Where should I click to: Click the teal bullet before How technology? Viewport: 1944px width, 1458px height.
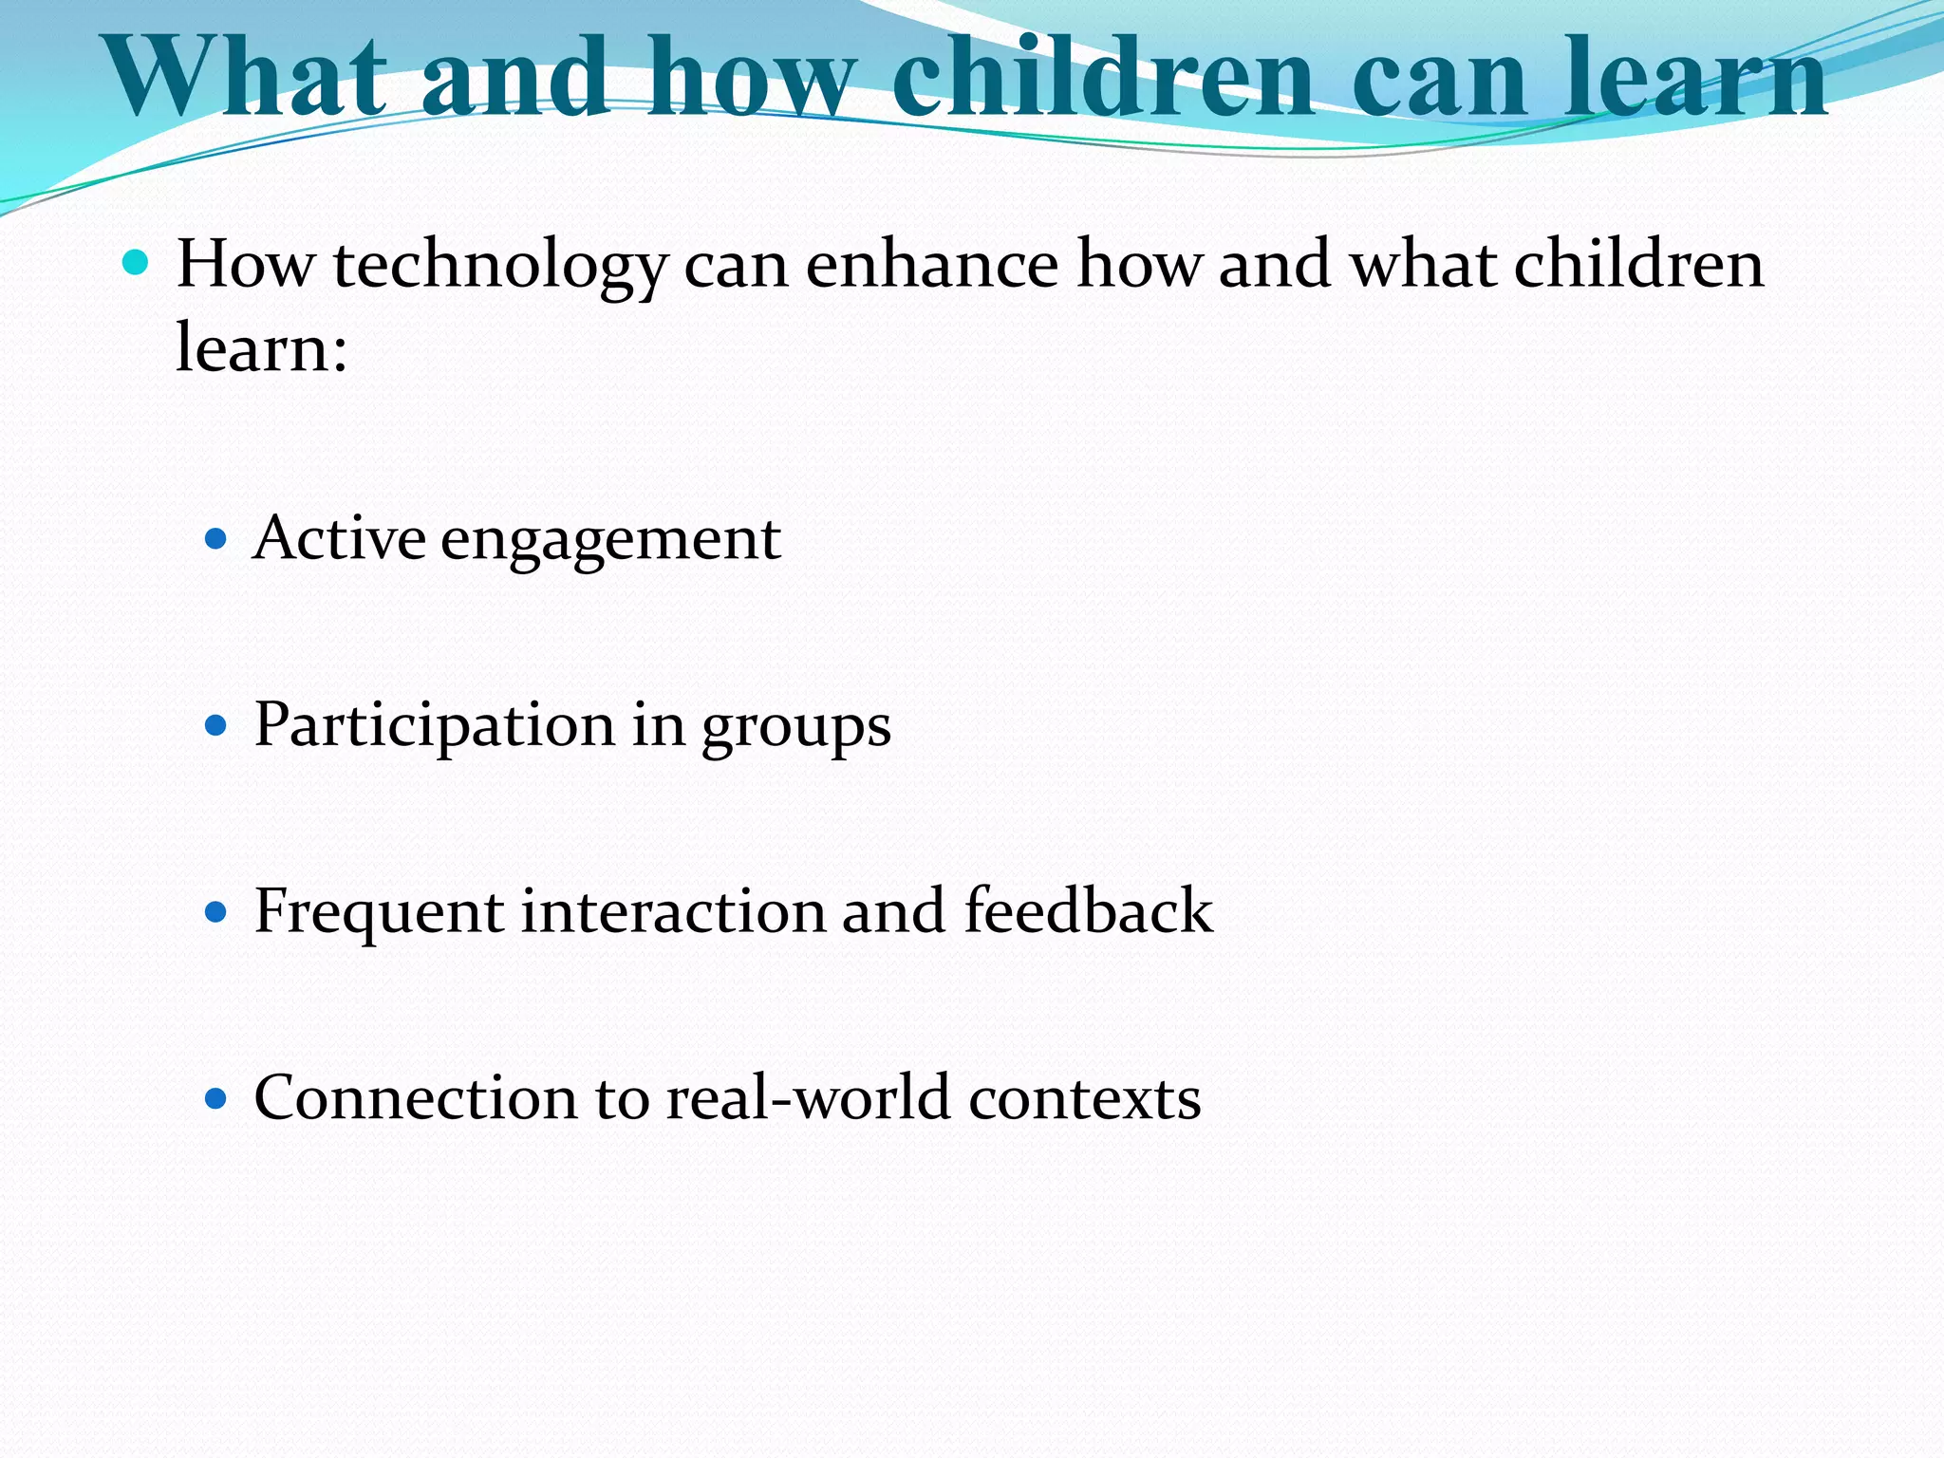(136, 262)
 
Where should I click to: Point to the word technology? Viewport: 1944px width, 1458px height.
(500, 266)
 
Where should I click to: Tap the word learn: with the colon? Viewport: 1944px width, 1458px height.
(262, 347)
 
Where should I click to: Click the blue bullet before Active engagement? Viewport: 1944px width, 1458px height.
(216, 540)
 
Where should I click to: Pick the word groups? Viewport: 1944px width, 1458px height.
(795, 729)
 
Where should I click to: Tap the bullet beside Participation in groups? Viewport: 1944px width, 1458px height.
(216, 727)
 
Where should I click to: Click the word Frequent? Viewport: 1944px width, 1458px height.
(379, 912)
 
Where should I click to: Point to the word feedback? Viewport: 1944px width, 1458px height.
(1088, 910)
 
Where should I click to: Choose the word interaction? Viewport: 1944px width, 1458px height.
(673, 911)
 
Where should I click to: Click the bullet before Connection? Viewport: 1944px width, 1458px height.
(216, 1099)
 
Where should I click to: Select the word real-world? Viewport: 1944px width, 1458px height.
(808, 1098)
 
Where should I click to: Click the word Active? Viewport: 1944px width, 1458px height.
(339, 538)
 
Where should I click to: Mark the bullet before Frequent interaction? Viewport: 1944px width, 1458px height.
(216, 913)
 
